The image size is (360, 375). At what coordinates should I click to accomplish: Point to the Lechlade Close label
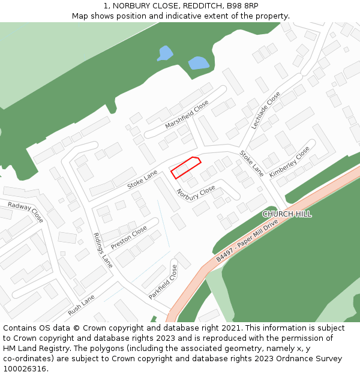coord(266,110)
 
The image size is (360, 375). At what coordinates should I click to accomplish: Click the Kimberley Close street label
coord(290,161)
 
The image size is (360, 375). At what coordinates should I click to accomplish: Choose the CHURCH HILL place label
coord(287,214)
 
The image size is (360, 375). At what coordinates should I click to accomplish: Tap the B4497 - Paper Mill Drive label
coord(247,241)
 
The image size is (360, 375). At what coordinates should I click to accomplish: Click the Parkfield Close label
coord(163,282)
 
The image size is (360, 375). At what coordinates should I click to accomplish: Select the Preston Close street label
coord(128,238)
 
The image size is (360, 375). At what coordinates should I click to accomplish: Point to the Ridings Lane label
coord(103,250)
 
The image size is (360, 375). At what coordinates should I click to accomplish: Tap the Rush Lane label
coord(82,305)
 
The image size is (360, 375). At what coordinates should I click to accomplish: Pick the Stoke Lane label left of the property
coord(142,179)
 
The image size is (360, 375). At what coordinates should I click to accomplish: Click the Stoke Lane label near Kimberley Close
coord(251,163)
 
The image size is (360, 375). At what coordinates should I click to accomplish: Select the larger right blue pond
coord(199,62)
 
